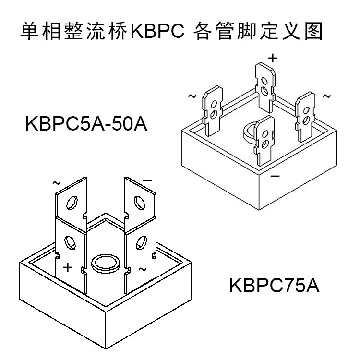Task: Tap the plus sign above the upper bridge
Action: (x=273, y=58)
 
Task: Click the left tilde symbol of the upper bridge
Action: (x=192, y=96)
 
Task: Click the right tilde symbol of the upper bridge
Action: (x=326, y=96)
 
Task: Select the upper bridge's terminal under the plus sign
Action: (x=265, y=84)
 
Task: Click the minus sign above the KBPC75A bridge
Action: (x=147, y=180)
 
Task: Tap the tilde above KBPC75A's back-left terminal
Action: (x=56, y=183)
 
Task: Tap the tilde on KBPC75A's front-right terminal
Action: (x=142, y=269)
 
